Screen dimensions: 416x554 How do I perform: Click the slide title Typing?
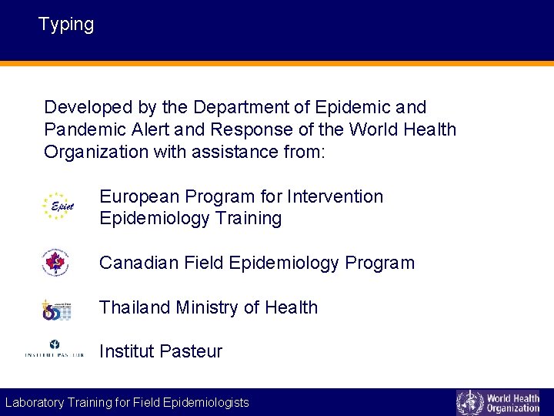pyautogui.click(x=66, y=25)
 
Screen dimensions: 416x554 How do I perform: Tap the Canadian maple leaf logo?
pyautogui.click(x=55, y=263)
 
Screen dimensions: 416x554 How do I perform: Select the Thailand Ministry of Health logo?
pyautogui.click(x=57, y=308)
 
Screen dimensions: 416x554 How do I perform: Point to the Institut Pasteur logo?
pyautogui.click(x=54, y=349)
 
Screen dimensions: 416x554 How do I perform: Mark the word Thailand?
pyautogui.click(x=135, y=307)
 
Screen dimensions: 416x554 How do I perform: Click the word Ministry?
pyautogui.click(x=208, y=307)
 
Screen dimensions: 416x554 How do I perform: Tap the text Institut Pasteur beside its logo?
pyautogui.click(x=161, y=352)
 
